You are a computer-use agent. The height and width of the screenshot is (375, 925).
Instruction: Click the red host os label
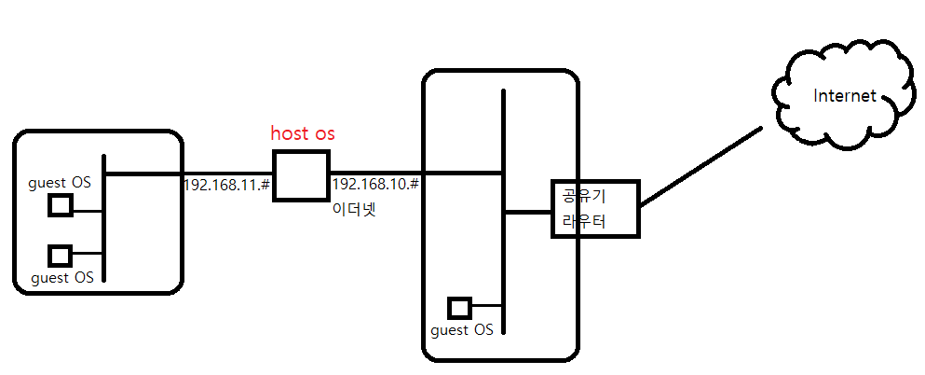tap(303, 133)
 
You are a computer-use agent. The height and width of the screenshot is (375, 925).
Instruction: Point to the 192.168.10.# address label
tap(375, 184)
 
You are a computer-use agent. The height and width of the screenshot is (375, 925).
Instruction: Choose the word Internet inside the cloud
tap(844, 95)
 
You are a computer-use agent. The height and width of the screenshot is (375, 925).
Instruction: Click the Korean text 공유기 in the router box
tap(583, 196)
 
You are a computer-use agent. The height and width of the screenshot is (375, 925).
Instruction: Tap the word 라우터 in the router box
tap(583, 221)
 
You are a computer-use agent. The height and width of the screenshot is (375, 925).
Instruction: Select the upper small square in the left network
tap(61, 205)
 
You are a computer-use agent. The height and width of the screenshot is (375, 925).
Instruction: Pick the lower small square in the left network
tap(61, 254)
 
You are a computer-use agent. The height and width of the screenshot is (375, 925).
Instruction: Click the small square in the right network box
tap(458, 307)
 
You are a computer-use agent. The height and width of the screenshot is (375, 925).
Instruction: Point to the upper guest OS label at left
tap(60, 183)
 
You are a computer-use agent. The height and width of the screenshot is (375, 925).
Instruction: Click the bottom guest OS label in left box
tap(62, 277)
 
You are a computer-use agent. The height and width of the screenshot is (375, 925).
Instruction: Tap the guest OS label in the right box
tap(462, 330)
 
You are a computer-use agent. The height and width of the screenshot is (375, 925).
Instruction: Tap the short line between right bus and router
tap(527, 212)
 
